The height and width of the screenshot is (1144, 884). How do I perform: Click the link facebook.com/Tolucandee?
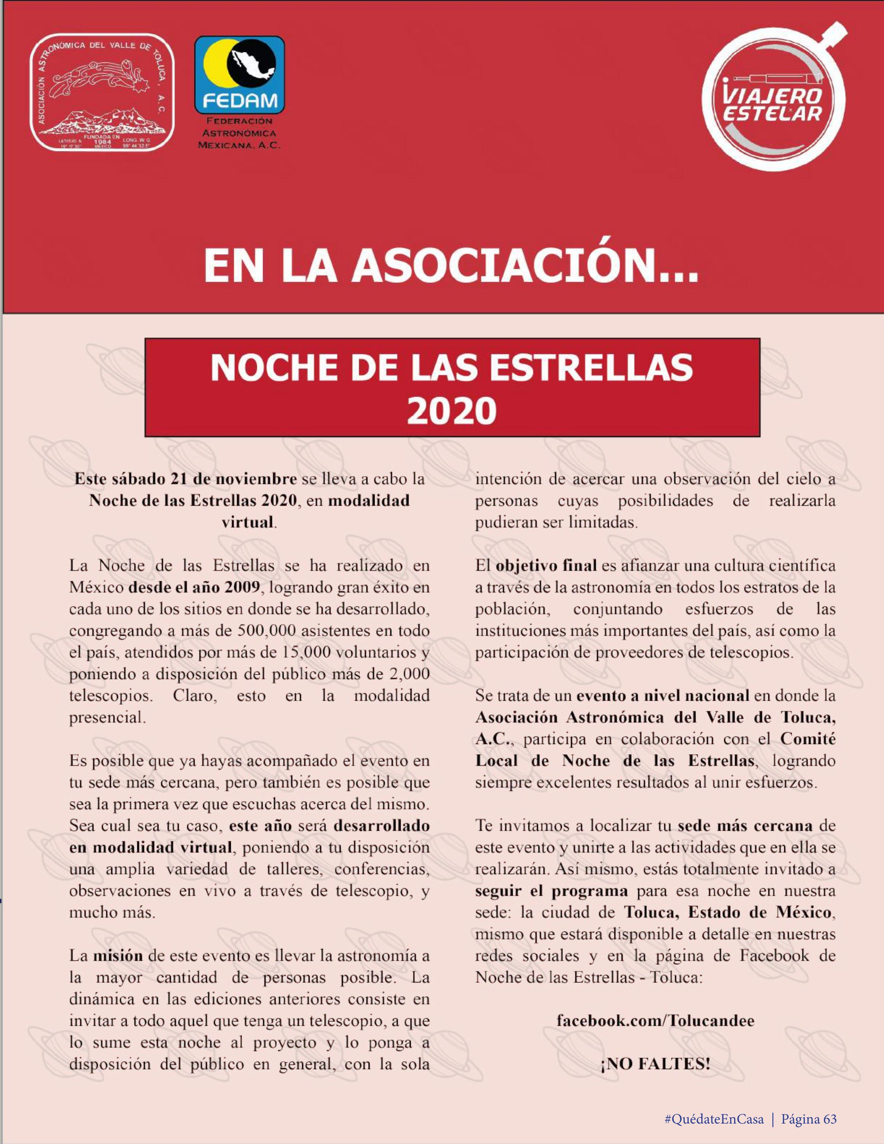[x=655, y=1020]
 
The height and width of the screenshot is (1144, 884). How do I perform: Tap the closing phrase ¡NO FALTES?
[x=655, y=1064]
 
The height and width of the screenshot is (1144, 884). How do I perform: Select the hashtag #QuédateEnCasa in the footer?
[x=713, y=1116]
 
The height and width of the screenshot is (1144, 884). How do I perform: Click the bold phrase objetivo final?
[x=546, y=566]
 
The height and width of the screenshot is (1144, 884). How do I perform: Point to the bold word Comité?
[x=807, y=739]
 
